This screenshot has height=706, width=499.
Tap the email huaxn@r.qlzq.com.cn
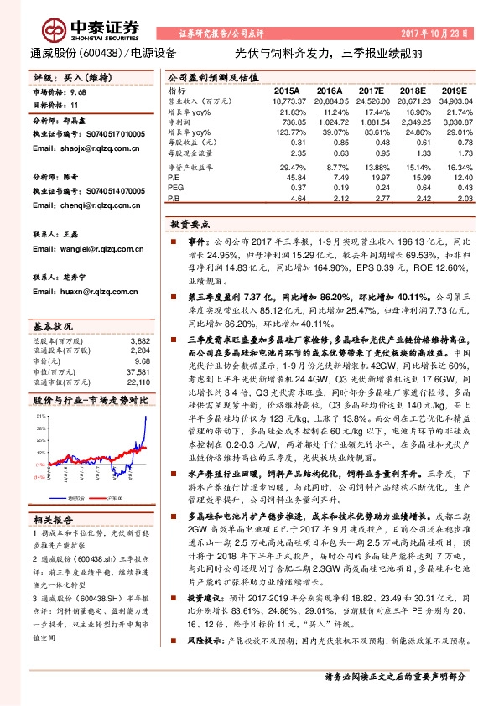click(x=73, y=292)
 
